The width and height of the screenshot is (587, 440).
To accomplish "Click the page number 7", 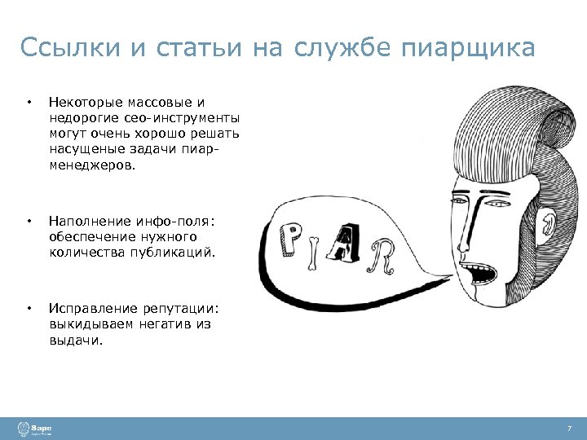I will click(569, 428).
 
